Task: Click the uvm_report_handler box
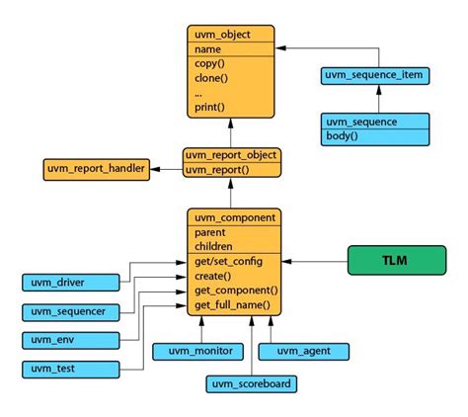[95, 169]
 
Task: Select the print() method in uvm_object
[210, 107]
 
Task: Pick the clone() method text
[211, 77]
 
